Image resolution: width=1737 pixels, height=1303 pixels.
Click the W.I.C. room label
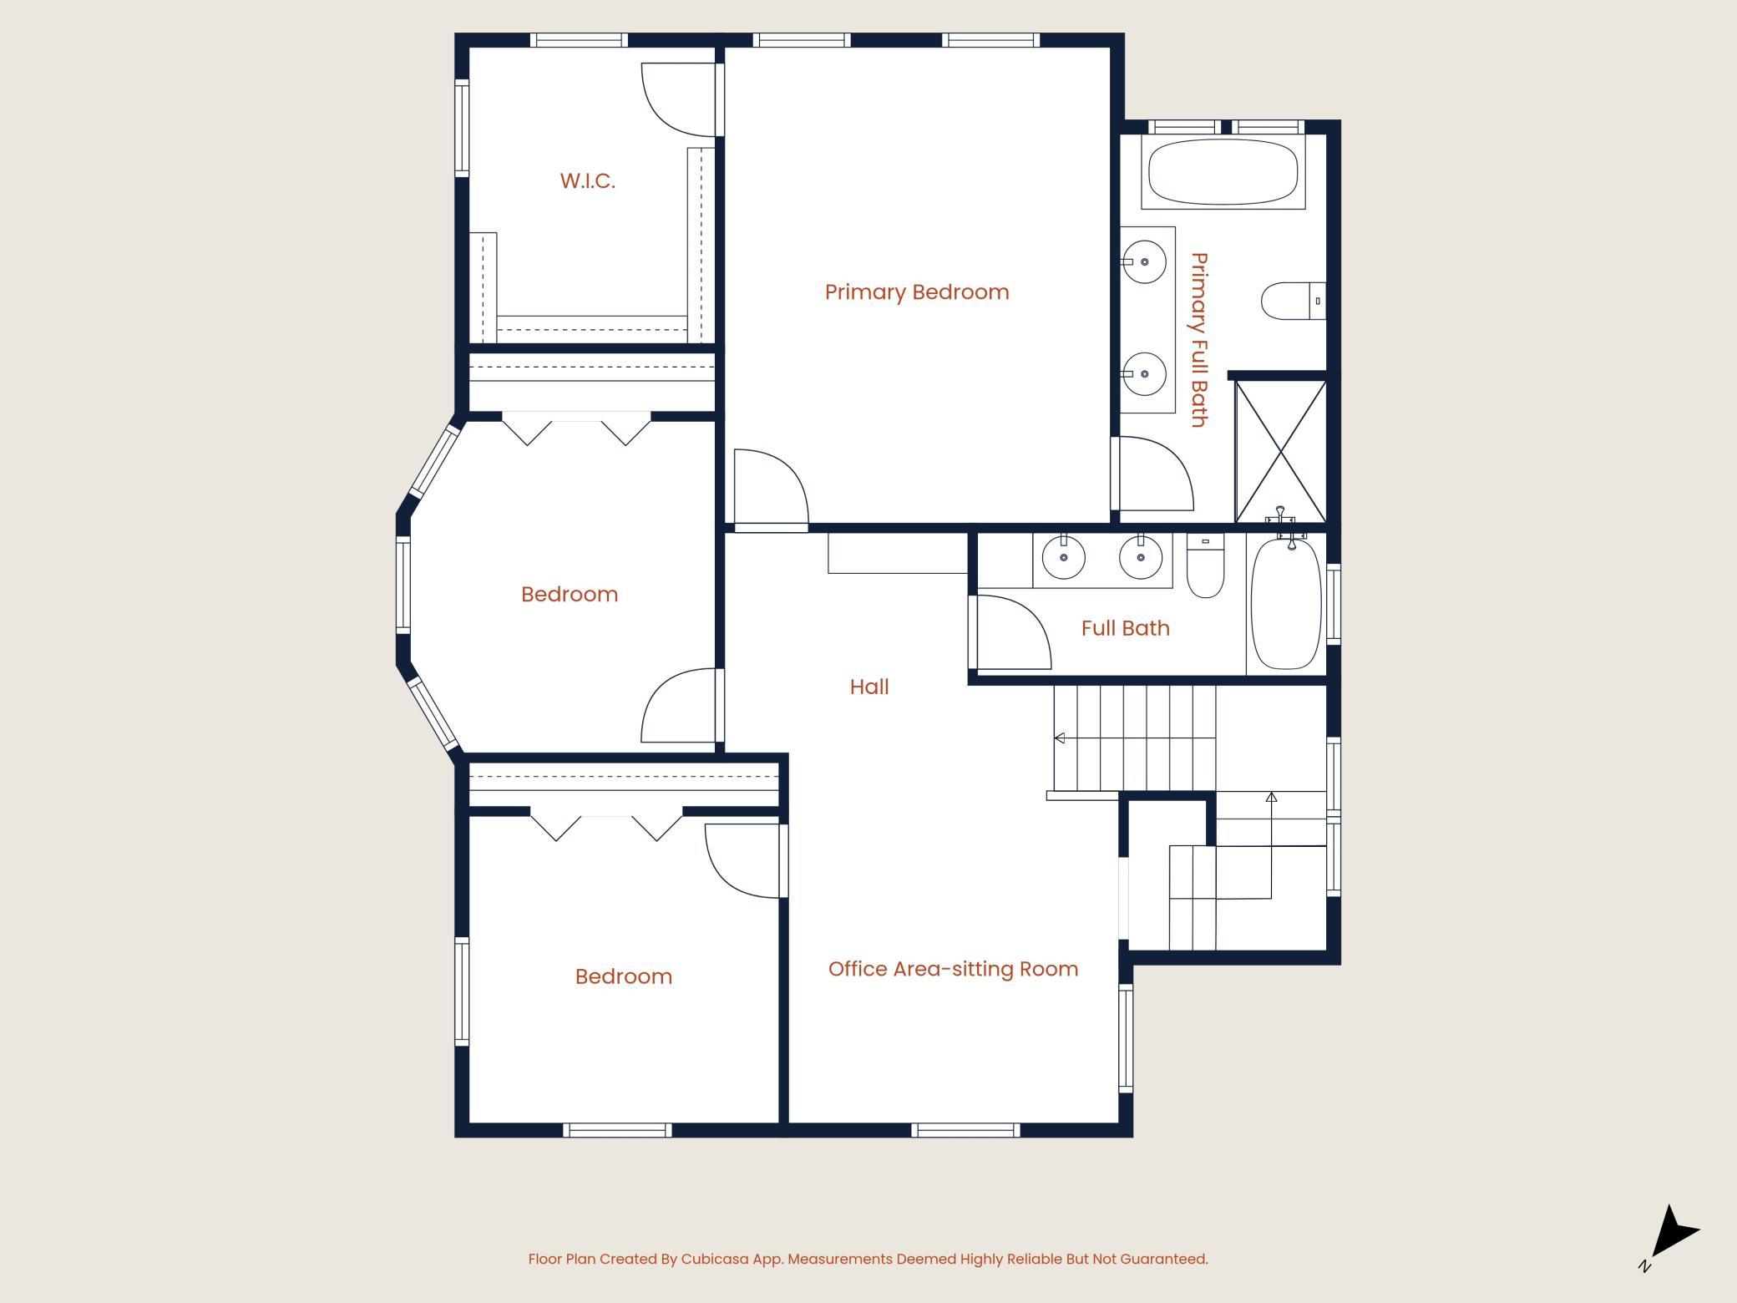tap(587, 181)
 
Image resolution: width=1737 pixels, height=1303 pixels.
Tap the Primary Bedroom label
tap(917, 292)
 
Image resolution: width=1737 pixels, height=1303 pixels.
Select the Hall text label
tap(869, 687)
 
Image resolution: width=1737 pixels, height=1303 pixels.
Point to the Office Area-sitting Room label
tap(953, 969)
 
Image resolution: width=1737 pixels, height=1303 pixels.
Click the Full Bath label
tap(1125, 628)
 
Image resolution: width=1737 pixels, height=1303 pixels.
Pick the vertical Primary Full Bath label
tap(1199, 340)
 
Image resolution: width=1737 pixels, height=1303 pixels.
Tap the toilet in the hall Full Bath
tap(1205, 565)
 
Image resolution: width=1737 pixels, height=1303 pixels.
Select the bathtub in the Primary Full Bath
tap(1223, 172)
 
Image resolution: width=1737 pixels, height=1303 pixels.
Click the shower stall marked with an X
tap(1280, 452)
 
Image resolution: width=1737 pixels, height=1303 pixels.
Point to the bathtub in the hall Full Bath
tap(1286, 603)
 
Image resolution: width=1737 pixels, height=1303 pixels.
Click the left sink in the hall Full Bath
tap(1064, 558)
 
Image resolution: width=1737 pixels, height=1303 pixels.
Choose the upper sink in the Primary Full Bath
tap(1144, 261)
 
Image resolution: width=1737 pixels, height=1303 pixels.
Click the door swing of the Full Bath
tap(1013, 632)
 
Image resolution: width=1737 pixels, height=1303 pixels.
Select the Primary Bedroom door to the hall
tap(771, 489)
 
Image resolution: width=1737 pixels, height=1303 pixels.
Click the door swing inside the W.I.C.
tap(678, 99)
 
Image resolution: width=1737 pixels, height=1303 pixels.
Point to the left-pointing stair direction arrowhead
tap(1059, 738)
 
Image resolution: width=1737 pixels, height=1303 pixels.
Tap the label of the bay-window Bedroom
tap(570, 595)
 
